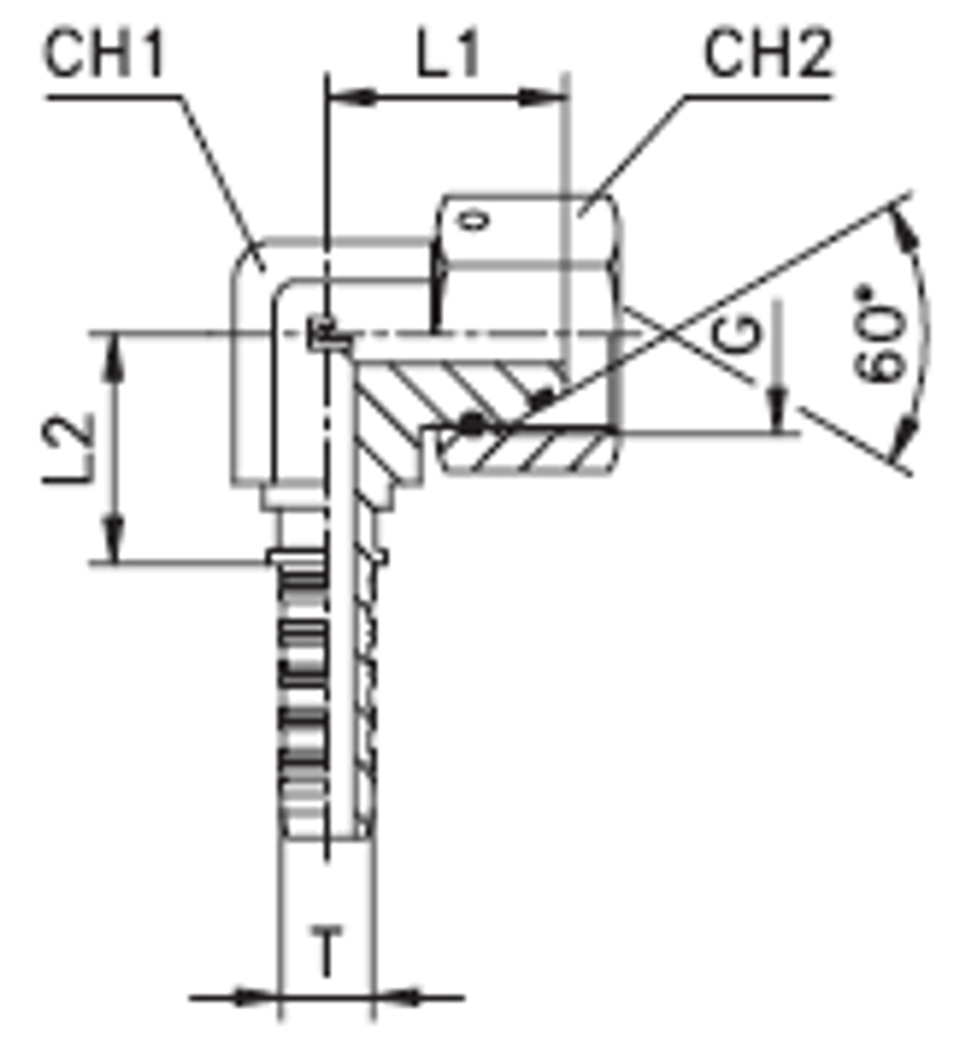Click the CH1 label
[106, 56]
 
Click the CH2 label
[767, 56]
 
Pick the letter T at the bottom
[328, 956]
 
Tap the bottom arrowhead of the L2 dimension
[116, 541]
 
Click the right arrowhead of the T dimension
[395, 996]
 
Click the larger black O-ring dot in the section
[470, 423]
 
